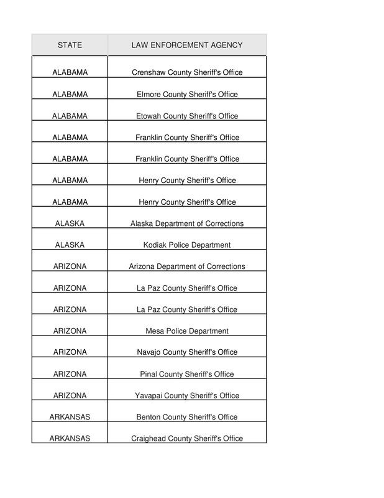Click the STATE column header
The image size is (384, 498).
click(70, 45)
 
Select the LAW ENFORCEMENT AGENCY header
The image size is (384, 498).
click(187, 45)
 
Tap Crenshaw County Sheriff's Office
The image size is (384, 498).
click(187, 73)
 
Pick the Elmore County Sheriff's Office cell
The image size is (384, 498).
click(187, 95)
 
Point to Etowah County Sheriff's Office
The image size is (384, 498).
click(187, 116)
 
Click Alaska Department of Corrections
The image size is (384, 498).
click(187, 223)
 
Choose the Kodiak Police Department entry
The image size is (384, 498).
click(187, 245)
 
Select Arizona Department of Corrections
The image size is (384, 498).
click(187, 266)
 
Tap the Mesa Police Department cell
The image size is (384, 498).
click(187, 331)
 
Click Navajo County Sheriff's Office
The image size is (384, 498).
click(187, 352)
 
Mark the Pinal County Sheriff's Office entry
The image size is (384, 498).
click(187, 374)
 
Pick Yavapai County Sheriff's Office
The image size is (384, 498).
click(187, 396)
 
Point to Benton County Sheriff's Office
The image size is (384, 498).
click(187, 417)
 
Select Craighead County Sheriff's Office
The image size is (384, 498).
click(187, 438)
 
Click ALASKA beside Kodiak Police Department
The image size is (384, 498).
click(70, 245)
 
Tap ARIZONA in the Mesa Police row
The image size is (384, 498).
click(70, 331)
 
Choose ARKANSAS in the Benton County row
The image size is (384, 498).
click(70, 417)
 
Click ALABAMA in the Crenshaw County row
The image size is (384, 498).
click(70, 73)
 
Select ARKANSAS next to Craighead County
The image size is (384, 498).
click(70, 438)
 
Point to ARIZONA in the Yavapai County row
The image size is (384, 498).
click(70, 396)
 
